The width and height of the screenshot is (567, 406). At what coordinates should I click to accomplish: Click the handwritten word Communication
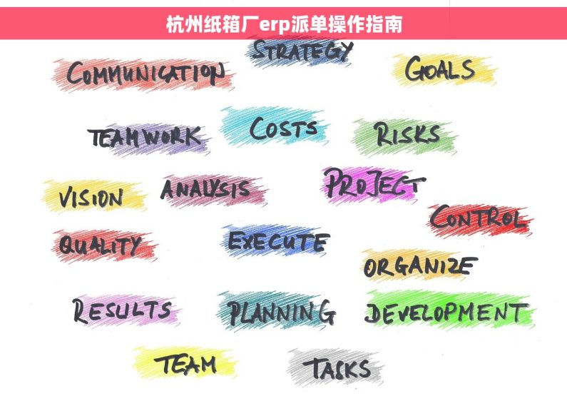click(145, 73)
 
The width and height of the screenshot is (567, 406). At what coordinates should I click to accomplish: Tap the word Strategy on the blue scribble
click(302, 50)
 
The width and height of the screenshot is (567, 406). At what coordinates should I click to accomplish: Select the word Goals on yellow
click(440, 68)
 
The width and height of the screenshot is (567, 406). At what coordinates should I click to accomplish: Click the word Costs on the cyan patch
click(283, 129)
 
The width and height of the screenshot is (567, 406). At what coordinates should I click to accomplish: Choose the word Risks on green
click(407, 134)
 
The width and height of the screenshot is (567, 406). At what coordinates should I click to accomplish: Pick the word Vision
click(91, 198)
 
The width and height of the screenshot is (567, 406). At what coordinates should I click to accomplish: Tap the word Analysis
click(205, 188)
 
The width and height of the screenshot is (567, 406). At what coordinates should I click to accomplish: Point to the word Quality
click(99, 245)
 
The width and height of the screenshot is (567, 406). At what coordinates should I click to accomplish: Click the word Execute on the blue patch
click(278, 241)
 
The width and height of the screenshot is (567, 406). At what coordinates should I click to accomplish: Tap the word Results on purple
click(122, 310)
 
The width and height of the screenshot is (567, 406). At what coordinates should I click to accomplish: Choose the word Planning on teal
click(282, 312)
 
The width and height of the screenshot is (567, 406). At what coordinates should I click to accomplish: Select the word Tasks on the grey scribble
click(337, 369)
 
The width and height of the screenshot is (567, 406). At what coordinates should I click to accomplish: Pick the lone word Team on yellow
click(185, 364)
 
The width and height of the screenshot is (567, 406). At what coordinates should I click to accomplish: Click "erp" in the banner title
click(274, 25)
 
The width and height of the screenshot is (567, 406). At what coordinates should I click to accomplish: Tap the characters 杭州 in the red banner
click(184, 24)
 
